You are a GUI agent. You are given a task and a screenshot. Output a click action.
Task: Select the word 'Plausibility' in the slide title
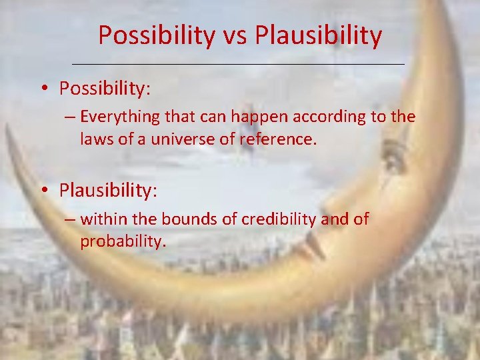point(319,35)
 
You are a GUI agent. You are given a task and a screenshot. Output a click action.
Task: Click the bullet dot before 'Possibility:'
point(47,88)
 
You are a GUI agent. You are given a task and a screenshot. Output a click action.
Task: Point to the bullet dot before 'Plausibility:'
point(47,191)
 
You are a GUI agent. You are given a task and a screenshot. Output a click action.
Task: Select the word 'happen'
point(251,117)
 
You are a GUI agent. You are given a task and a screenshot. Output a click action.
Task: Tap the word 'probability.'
point(123,241)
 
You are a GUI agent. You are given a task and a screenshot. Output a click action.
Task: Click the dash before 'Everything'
point(70,118)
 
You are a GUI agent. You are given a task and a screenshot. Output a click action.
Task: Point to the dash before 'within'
point(70,220)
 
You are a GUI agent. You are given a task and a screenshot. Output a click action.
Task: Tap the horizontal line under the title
point(238,64)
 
